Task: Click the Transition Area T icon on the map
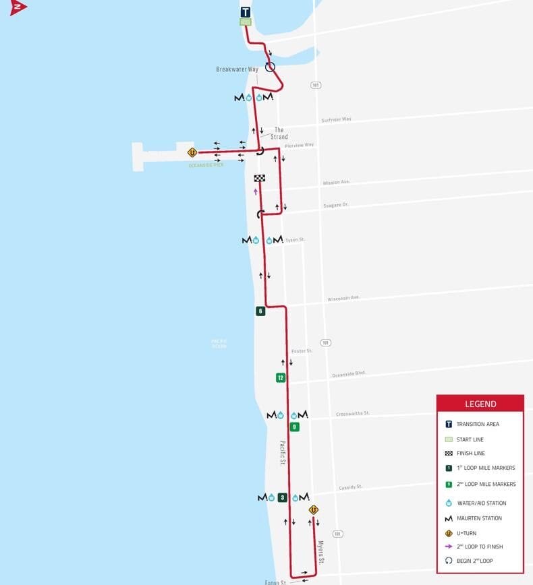point(246,11)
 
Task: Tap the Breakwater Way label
point(237,69)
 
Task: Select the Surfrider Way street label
point(336,119)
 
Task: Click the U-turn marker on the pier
point(192,152)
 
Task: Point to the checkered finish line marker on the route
point(259,179)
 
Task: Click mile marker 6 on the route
point(260,311)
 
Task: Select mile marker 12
point(281,377)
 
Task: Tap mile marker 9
point(294,427)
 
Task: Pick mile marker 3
point(282,497)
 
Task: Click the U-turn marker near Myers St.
point(313,510)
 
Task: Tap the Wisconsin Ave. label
point(344,298)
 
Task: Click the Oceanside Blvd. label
point(348,373)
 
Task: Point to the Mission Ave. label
point(337,182)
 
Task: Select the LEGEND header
point(480,404)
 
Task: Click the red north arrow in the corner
point(18,7)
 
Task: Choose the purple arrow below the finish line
point(256,191)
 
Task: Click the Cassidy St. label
point(350,487)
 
